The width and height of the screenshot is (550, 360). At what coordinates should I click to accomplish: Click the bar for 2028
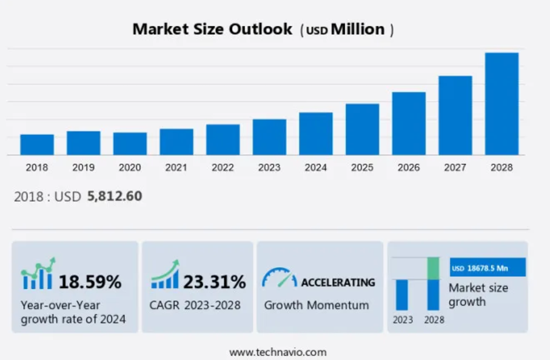(501, 104)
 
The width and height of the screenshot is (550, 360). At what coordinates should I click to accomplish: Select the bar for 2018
(37, 144)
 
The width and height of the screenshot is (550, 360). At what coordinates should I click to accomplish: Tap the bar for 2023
(269, 137)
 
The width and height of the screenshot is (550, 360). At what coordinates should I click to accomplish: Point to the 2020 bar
(130, 144)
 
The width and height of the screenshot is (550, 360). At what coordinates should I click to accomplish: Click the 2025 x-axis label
(362, 168)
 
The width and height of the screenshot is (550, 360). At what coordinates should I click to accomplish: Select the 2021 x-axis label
(176, 168)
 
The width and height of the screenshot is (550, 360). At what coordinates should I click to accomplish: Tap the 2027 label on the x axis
(455, 168)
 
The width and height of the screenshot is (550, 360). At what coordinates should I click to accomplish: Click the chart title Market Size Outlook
(212, 29)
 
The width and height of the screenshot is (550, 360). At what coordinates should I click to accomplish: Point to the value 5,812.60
(115, 196)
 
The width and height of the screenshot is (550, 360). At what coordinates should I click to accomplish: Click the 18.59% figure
(90, 282)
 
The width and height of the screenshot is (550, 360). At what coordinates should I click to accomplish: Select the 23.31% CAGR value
(215, 282)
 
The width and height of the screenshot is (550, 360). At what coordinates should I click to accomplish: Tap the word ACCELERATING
(338, 282)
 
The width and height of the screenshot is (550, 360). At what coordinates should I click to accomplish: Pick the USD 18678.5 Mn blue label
(487, 267)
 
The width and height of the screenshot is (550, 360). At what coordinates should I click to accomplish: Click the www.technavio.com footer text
(278, 352)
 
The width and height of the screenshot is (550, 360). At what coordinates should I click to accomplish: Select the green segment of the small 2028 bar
(433, 268)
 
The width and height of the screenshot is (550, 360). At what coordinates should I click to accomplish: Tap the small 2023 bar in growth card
(401, 295)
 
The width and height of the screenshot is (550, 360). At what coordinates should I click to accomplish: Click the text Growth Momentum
(316, 305)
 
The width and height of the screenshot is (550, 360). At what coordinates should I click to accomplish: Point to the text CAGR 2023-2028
(195, 305)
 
